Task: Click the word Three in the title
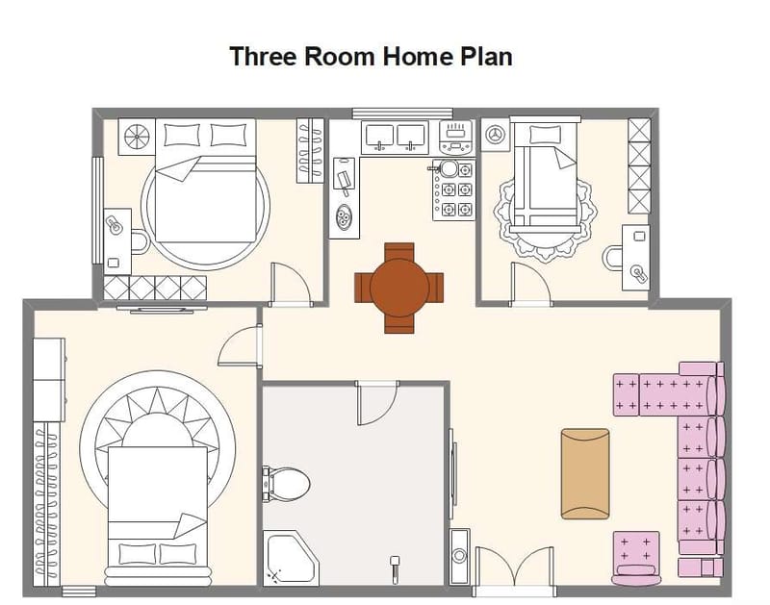[x=263, y=56]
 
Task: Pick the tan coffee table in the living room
[x=585, y=472]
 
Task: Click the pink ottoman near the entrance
[x=635, y=555]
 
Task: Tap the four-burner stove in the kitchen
[x=455, y=189]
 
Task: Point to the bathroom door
[x=376, y=402]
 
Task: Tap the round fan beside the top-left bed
[x=136, y=136]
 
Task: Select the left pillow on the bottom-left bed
[x=135, y=553]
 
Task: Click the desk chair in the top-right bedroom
[x=612, y=258]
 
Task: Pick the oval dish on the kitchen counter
[x=344, y=220]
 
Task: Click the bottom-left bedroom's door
[x=241, y=347]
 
